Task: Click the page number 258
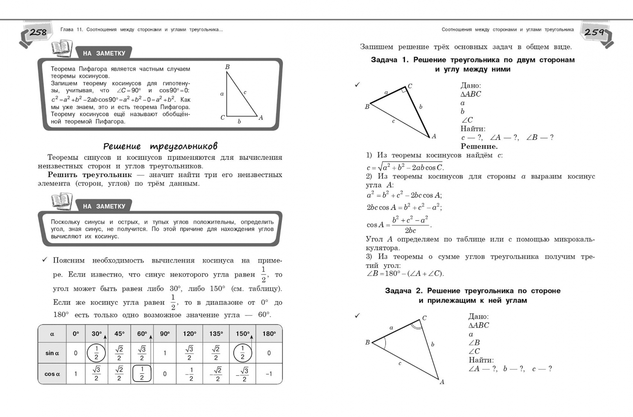pos(38,32)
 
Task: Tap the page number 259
pos(594,32)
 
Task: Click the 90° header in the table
pos(165,334)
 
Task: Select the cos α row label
pos(52,374)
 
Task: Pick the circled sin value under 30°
pos(96,353)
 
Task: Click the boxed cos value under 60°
pos(142,374)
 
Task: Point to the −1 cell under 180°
pos(269,374)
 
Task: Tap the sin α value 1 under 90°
pos(165,353)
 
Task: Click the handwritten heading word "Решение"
pos(122,146)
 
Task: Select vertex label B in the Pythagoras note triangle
pos(227,67)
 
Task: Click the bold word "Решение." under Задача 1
pos(479,146)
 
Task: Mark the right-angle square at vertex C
pos(404,90)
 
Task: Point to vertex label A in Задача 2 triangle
pos(442,382)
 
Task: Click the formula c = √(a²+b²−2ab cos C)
pos(405,167)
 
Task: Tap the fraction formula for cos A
pos(399,225)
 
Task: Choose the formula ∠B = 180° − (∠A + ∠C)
pos(405,274)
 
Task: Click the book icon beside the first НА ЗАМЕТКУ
pos(62,49)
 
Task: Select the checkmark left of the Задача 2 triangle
pos(357,316)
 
